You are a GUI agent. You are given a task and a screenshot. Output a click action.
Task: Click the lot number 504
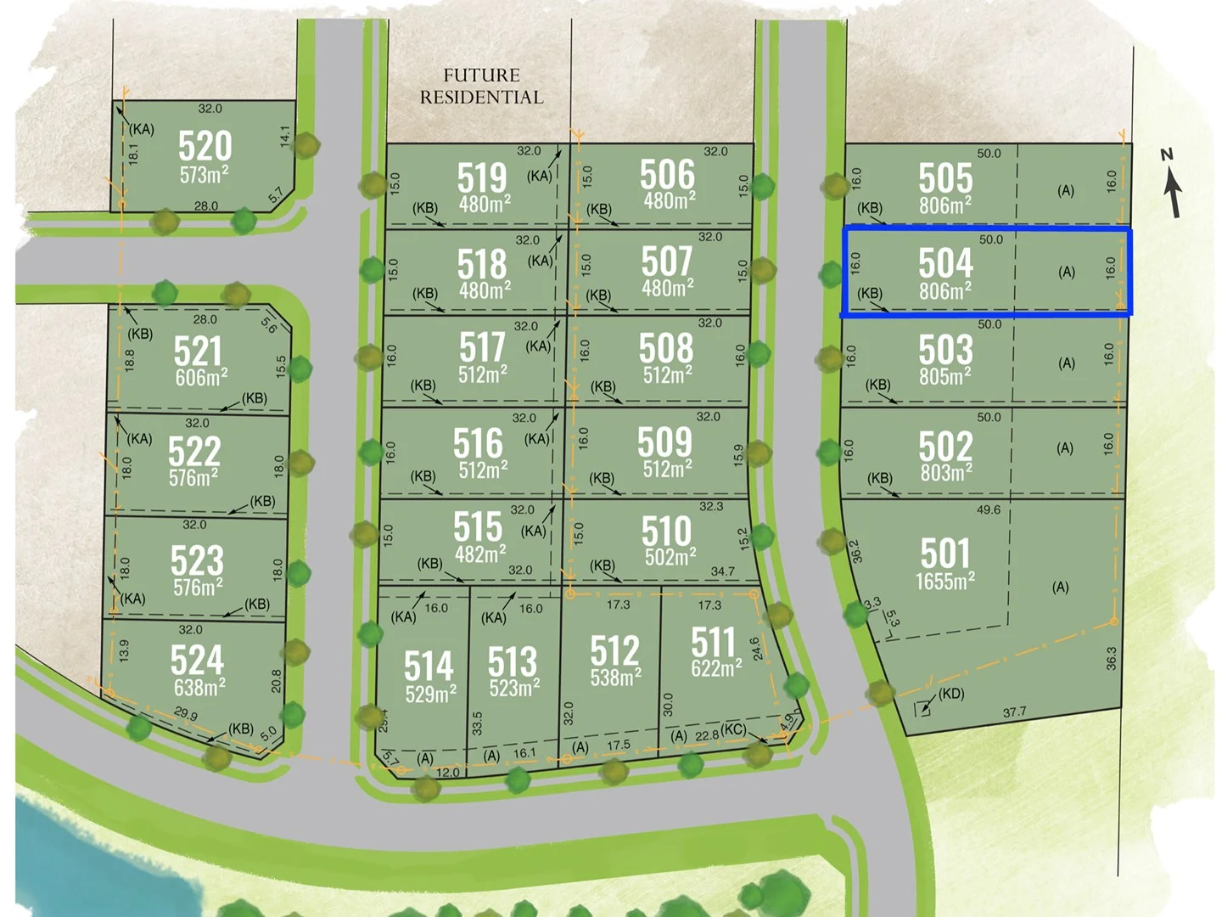(945, 263)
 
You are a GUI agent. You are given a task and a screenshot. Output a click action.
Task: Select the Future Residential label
(481, 87)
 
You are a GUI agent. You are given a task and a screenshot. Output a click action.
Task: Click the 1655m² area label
(945, 582)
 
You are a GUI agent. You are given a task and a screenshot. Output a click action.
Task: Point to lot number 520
(205, 146)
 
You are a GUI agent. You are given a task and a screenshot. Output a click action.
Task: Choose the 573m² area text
(204, 175)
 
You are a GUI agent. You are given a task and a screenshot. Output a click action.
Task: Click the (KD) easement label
(951, 694)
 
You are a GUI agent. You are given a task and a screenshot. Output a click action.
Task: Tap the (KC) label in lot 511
(733, 730)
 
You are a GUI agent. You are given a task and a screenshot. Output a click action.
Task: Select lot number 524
(197, 660)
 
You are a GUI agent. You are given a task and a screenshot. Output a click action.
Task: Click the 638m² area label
(199, 687)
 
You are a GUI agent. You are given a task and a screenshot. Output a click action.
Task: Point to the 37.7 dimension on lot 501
(1014, 712)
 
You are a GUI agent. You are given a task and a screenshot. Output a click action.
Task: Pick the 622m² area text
(716, 668)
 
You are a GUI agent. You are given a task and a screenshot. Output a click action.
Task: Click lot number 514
(429, 666)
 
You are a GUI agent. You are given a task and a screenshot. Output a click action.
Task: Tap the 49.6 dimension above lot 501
(989, 510)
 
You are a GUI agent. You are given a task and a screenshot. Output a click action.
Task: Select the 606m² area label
(201, 378)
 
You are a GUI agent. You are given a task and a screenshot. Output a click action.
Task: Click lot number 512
(614, 651)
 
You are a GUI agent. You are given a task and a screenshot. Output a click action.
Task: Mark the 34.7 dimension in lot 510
(722, 571)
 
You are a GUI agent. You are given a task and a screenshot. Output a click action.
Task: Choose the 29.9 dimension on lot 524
(185, 715)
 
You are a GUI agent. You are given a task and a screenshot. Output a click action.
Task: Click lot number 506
(667, 175)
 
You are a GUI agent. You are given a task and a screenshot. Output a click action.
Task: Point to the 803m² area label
(946, 472)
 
